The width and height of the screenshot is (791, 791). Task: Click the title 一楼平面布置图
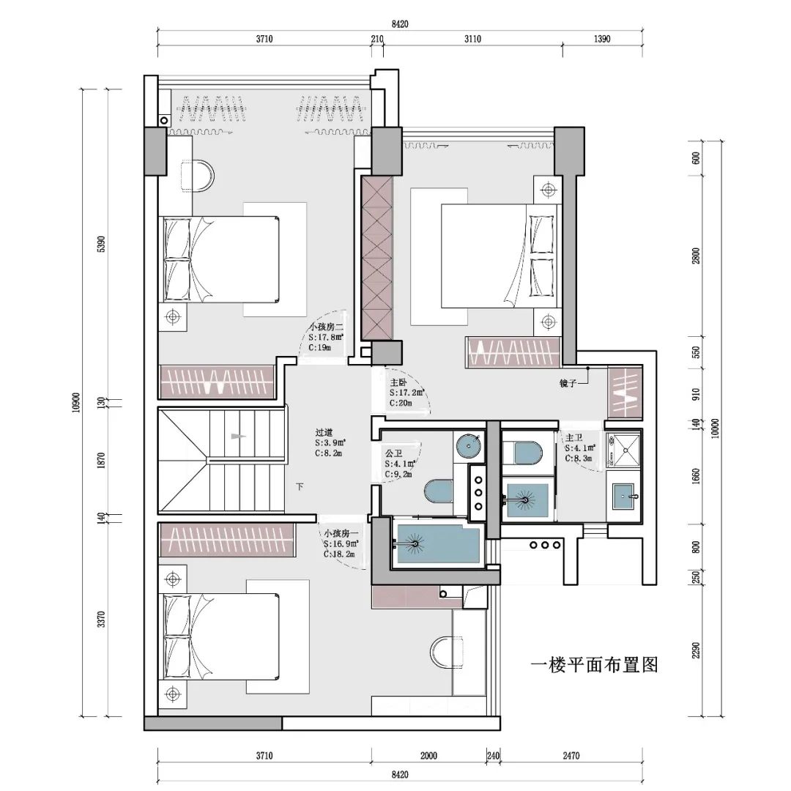click(595, 665)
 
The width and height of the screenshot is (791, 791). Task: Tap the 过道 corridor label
click(324, 433)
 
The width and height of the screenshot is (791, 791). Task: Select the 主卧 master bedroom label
click(398, 382)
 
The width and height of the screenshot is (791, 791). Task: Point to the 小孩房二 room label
click(325, 327)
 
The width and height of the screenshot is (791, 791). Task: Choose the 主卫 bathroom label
click(573, 437)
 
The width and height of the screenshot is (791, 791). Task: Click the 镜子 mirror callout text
click(568, 383)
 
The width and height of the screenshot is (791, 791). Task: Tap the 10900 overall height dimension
click(77, 401)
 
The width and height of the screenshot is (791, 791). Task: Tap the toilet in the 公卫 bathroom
click(439, 491)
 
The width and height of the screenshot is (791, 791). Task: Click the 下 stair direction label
click(300, 487)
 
